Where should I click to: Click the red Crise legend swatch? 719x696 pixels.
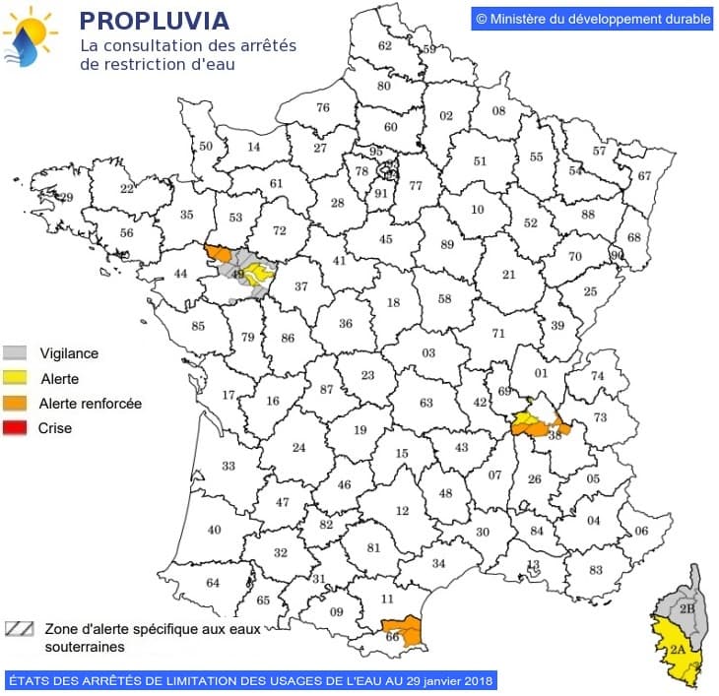pos(15,428)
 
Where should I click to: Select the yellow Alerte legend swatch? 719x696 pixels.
pos(15,378)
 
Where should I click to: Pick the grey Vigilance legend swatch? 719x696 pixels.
pos(15,352)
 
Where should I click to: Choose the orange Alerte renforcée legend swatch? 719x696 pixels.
pos(15,404)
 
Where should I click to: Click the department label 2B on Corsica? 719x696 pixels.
pos(686,609)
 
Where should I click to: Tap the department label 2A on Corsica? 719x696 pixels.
pos(677,650)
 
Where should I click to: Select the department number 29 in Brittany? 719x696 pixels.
pos(67,198)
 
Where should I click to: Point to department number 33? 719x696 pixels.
pos(229,466)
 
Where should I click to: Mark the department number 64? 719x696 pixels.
pos(213,582)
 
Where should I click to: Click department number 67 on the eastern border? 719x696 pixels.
pos(644,175)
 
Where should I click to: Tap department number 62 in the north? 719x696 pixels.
pos(385,46)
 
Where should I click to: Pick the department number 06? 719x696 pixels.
pos(640,532)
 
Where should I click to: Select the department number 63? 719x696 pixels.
pos(425,402)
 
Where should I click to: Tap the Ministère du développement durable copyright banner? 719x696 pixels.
pos(592,19)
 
